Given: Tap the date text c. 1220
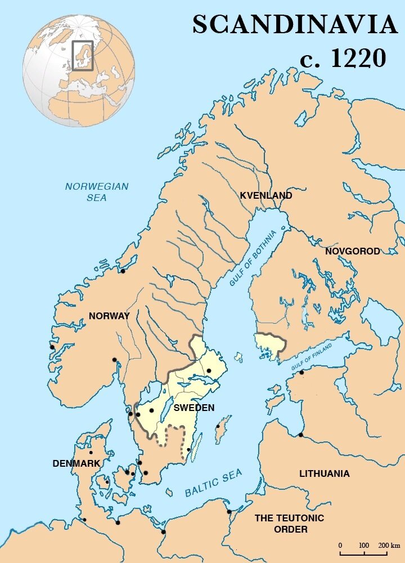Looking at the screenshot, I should tap(343, 58).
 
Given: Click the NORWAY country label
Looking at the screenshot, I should tap(109, 316).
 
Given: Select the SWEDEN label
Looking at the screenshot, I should tap(193, 408).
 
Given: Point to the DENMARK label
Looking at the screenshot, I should tap(76, 463).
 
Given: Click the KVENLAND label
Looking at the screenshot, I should tap(266, 196).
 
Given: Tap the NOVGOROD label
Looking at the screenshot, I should tap(353, 251).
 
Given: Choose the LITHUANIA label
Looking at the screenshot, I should tap(324, 473).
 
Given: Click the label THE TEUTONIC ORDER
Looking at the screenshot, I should tap(289, 524).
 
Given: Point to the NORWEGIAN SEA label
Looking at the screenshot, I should tap(97, 192).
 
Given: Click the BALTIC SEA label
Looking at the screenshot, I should tap(214, 483).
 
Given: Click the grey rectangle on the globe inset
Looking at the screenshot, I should tap(83, 55).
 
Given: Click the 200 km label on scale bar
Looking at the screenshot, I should tap(389, 546).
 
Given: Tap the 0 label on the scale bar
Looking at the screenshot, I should tap(340, 546).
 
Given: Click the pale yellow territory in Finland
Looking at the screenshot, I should tap(268, 345).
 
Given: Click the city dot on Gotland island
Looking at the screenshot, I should tap(218, 426).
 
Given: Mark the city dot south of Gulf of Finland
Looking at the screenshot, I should tap(301, 372).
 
